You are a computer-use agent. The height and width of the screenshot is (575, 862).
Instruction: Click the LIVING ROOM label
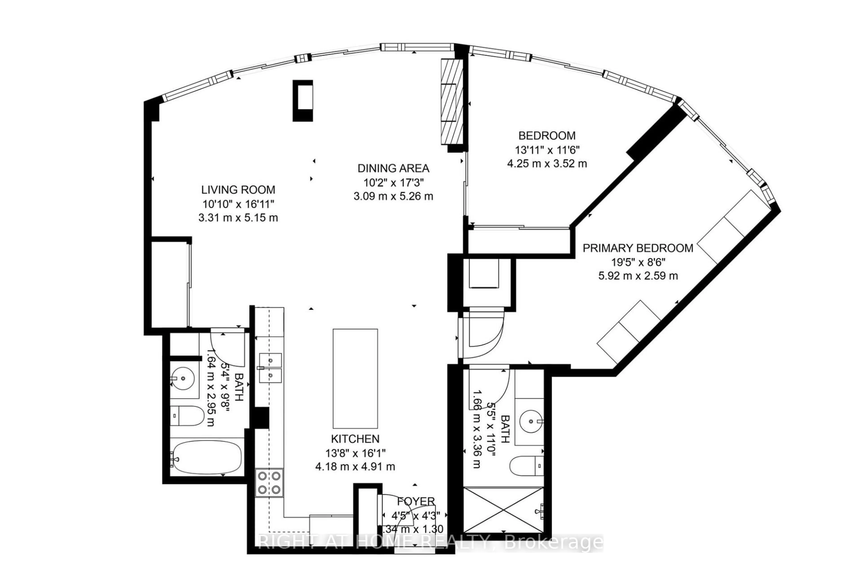[x=238, y=190]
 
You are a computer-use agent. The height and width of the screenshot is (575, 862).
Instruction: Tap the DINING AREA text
[x=393, y=168]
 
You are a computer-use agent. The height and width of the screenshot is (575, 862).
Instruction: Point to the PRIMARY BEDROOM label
[x=638, y=248]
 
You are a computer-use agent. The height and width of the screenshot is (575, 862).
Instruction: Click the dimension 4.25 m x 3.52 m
[x=547, y=164]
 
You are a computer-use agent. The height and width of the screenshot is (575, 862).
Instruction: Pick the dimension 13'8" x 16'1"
[x=355, y=453]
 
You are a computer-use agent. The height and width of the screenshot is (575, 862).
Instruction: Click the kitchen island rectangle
[x=355, y=378]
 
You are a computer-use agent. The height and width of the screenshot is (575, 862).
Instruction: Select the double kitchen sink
[x=270, y=368]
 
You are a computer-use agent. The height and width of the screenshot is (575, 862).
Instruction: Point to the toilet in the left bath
[x=187, y=415]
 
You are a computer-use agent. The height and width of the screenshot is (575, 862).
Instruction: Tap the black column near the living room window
[x=303, y=101]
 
